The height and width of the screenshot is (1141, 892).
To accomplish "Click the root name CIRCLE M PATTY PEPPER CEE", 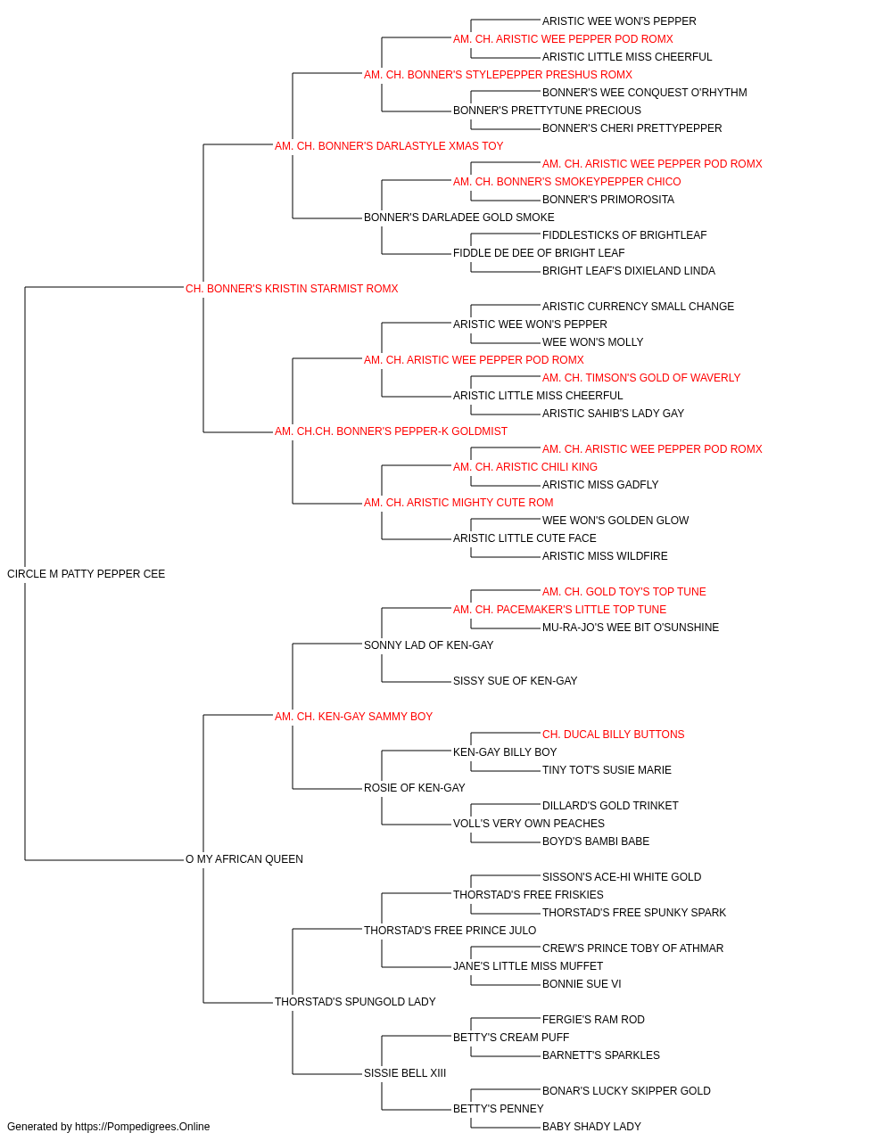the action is (87, 574).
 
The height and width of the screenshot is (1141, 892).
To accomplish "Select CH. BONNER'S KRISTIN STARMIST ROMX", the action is (292, 289).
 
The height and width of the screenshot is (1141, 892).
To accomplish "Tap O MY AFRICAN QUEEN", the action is (244, 859).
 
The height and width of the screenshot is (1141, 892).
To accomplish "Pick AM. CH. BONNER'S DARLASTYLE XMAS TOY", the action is (389, 146).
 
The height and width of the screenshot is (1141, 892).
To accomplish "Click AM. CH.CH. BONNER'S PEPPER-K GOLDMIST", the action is (391, 431).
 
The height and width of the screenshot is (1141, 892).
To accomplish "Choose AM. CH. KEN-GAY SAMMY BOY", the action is (353, 716).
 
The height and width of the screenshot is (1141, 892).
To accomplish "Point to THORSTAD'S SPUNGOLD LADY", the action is (355, 1001).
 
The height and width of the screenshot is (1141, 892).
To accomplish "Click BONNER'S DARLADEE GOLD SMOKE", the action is (459, 218).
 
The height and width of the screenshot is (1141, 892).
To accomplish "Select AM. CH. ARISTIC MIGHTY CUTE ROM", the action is (458, 503).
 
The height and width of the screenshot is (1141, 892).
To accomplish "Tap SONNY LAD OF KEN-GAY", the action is (429, 644).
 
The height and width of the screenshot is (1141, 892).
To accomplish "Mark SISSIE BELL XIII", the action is (405, 1072).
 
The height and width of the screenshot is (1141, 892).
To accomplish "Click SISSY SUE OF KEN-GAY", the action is (515, 680).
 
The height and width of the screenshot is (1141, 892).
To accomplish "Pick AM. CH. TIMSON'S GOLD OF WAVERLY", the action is (640, 378).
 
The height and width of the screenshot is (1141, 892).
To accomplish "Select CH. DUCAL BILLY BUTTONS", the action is (613, 734).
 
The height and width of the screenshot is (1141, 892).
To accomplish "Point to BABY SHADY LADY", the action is (591, 1127).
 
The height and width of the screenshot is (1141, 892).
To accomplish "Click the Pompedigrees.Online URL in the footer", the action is (142, 1127).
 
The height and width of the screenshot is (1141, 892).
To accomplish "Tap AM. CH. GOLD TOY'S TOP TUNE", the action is (624, 592).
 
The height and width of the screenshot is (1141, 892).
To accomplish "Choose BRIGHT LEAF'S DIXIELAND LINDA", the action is (628, 271).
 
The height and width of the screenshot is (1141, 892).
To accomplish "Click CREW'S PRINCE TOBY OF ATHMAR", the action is (632, 948).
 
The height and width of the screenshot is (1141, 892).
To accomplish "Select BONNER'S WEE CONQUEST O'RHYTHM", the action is (645, 93).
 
